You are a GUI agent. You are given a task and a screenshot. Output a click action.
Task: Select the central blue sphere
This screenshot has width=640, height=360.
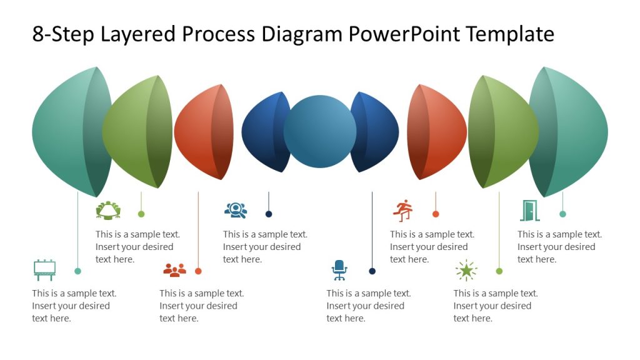(320, 132)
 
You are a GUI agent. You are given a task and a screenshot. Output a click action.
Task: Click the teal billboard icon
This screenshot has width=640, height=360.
(44, 269)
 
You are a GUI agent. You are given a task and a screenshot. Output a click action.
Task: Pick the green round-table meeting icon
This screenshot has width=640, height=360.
(108, 211)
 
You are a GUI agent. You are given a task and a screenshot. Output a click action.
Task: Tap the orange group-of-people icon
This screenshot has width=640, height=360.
(174, 270)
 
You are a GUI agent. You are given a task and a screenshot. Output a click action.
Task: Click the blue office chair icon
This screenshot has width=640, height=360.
(339, 270)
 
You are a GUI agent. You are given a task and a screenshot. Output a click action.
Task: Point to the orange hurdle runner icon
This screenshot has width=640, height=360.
(404, 211)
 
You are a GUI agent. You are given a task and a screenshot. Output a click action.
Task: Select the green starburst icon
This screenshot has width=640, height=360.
(466, 270)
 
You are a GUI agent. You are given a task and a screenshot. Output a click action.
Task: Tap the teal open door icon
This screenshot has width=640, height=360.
(529, 211)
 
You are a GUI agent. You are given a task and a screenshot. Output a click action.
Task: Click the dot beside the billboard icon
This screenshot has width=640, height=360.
(77, 271)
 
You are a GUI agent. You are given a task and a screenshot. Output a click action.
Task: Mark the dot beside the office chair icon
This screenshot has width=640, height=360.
(372, 271)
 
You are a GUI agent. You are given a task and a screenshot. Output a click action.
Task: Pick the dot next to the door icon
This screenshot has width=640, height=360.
(562, 214)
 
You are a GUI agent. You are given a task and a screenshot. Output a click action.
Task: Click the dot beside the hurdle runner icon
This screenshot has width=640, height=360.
(436, 214)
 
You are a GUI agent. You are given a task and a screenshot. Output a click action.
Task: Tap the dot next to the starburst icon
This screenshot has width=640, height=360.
(499, 271)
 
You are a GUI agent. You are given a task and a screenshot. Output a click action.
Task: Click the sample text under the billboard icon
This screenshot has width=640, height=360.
(74, 306)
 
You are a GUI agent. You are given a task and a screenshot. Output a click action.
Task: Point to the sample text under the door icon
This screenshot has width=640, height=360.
(559, 247)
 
